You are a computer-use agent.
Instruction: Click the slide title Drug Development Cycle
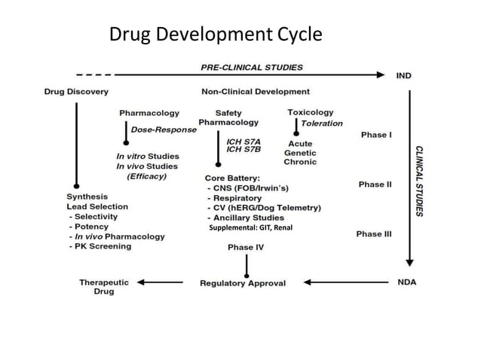pos(216,35)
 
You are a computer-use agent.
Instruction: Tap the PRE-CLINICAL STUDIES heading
pos(252,67)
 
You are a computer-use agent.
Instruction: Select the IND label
pos(403,75)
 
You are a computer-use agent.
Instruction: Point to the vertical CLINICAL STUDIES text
pos(419,180)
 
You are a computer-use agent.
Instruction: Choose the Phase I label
pos(376,135)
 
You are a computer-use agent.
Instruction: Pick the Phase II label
pos(375,185)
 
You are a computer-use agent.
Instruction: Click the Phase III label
pos(374,234)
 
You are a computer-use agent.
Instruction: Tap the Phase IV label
pos(246,247)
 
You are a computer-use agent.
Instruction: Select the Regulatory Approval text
pos(243,283)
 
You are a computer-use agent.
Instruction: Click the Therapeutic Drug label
pos(104,287)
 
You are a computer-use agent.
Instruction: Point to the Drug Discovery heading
pos(76,92)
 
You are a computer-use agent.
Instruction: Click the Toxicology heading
pos(310,112)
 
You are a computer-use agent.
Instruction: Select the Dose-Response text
pos(164,130)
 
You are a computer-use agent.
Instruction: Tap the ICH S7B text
pos(244,149)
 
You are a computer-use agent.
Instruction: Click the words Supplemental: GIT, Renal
pos(251,227)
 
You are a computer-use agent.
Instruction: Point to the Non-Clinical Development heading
pos(256,92)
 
